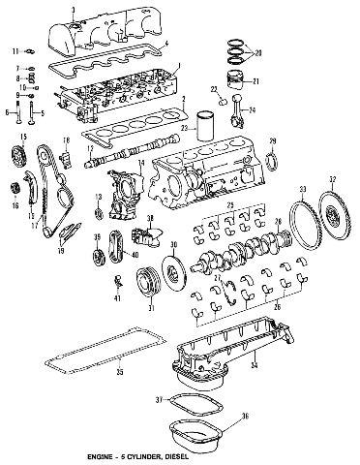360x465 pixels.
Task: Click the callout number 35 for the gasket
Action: tap(120, 371)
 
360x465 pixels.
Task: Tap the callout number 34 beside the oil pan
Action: tap(254, 366)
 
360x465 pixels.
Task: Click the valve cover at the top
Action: tap(107, 29)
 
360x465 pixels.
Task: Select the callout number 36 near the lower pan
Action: tap(244, 418)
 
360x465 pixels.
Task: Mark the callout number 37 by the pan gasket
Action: tap(161, 398)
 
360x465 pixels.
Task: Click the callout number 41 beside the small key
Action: tap(117, 299)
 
